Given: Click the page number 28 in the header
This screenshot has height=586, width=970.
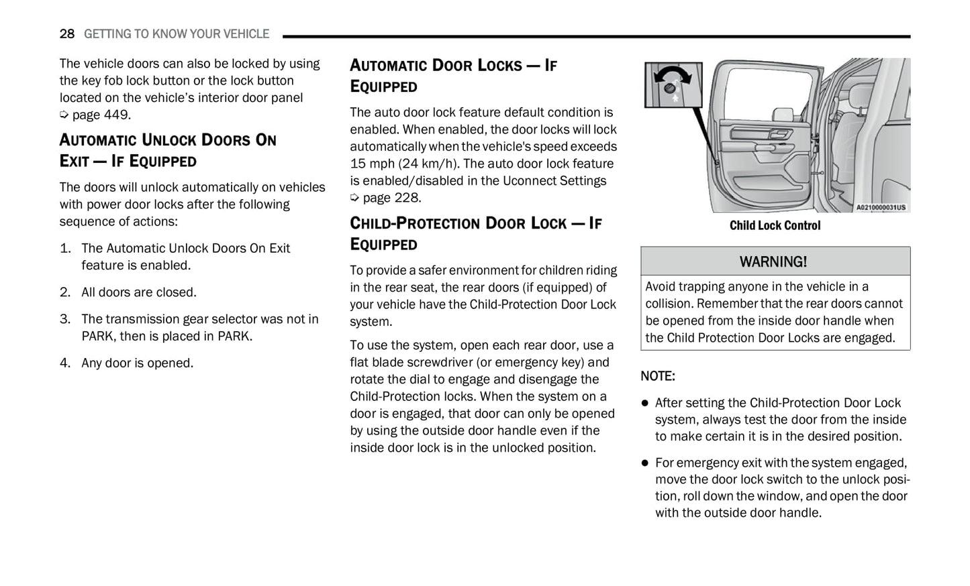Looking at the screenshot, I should coord(66,34).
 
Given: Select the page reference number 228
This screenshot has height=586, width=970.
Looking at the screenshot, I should coord(406,198).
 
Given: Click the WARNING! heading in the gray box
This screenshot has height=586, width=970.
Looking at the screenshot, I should coord(773,261).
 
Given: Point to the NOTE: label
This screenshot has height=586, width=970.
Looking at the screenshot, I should coord(658,376).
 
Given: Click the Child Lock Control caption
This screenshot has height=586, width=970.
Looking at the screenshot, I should coord(775,226).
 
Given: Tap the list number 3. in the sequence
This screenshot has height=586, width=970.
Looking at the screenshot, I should coord(65,319).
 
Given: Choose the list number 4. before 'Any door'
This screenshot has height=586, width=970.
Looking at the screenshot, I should coord(65,363).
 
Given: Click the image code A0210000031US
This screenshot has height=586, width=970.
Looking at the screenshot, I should coord(881,207).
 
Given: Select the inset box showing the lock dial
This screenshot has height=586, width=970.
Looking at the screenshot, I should coord(673,85).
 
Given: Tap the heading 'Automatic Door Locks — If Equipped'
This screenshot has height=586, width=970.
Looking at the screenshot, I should coord(453,75).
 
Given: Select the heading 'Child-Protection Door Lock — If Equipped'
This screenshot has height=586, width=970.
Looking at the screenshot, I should coord(475,233).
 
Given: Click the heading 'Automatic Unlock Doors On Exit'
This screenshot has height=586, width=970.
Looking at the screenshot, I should coord(168,150).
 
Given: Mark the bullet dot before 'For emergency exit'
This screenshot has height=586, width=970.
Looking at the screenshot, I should coord(645,463).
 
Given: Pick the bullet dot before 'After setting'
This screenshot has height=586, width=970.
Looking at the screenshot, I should coord(645,403).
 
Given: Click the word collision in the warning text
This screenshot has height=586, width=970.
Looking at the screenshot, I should coord(668,304).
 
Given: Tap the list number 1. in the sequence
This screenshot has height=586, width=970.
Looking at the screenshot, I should coord(65,248).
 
